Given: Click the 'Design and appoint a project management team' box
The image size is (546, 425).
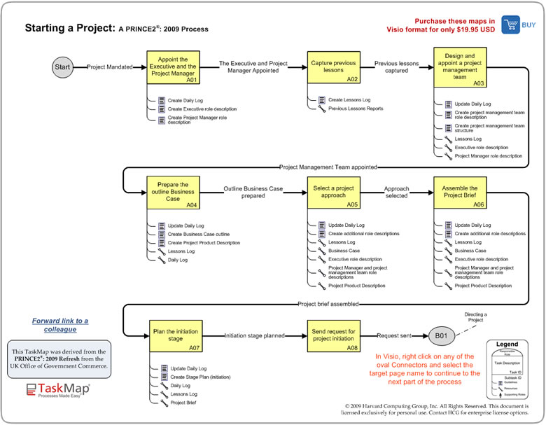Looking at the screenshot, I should click(460, 67).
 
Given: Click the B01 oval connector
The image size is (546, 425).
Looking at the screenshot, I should click(442, 336).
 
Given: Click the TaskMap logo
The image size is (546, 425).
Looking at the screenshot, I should click(59, 390).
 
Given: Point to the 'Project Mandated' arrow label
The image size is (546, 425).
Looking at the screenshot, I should click(111, 67).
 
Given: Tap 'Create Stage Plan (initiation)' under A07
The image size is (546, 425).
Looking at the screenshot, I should click(199, 377).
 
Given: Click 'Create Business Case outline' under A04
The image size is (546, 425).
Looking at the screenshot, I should click(198, 235).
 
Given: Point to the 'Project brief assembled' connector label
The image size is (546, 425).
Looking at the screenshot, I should click(328, 305).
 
